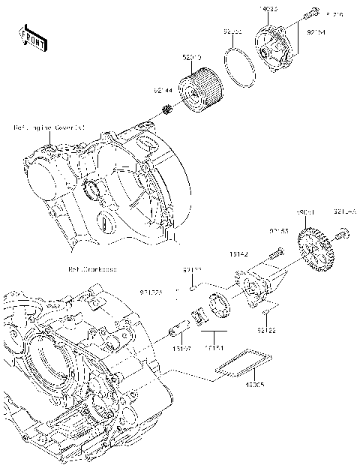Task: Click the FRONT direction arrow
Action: (x=31, y=35)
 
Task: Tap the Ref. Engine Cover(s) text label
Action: (x=49, y=128)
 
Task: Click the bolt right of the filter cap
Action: (x=309, y=14)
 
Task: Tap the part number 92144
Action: (x=163, y=90)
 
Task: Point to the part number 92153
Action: (x=277, y=232)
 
